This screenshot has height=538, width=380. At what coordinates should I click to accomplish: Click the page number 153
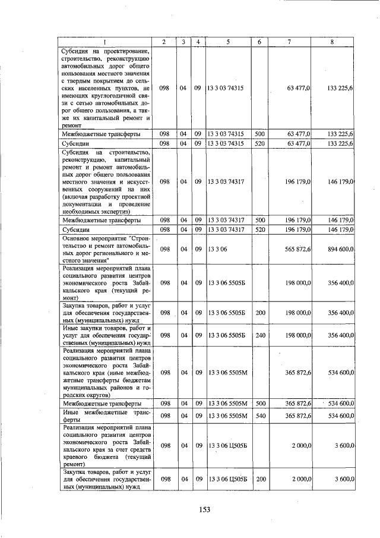pos(205,509)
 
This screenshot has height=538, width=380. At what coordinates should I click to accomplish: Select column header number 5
pos(228,42)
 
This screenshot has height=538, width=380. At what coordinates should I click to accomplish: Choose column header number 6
pos(259,42)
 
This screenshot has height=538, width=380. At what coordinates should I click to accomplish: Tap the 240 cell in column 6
pos(259,335)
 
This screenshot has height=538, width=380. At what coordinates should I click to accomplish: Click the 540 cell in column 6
pos(259,414)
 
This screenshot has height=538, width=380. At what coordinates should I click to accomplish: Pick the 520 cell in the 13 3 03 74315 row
pos(259,143)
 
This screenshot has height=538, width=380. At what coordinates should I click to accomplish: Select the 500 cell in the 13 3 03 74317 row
pos(259,220)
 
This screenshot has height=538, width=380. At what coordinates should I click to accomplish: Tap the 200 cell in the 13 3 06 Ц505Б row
pos(259,478)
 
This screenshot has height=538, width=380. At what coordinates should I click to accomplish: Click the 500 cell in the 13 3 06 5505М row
pos(259,404)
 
